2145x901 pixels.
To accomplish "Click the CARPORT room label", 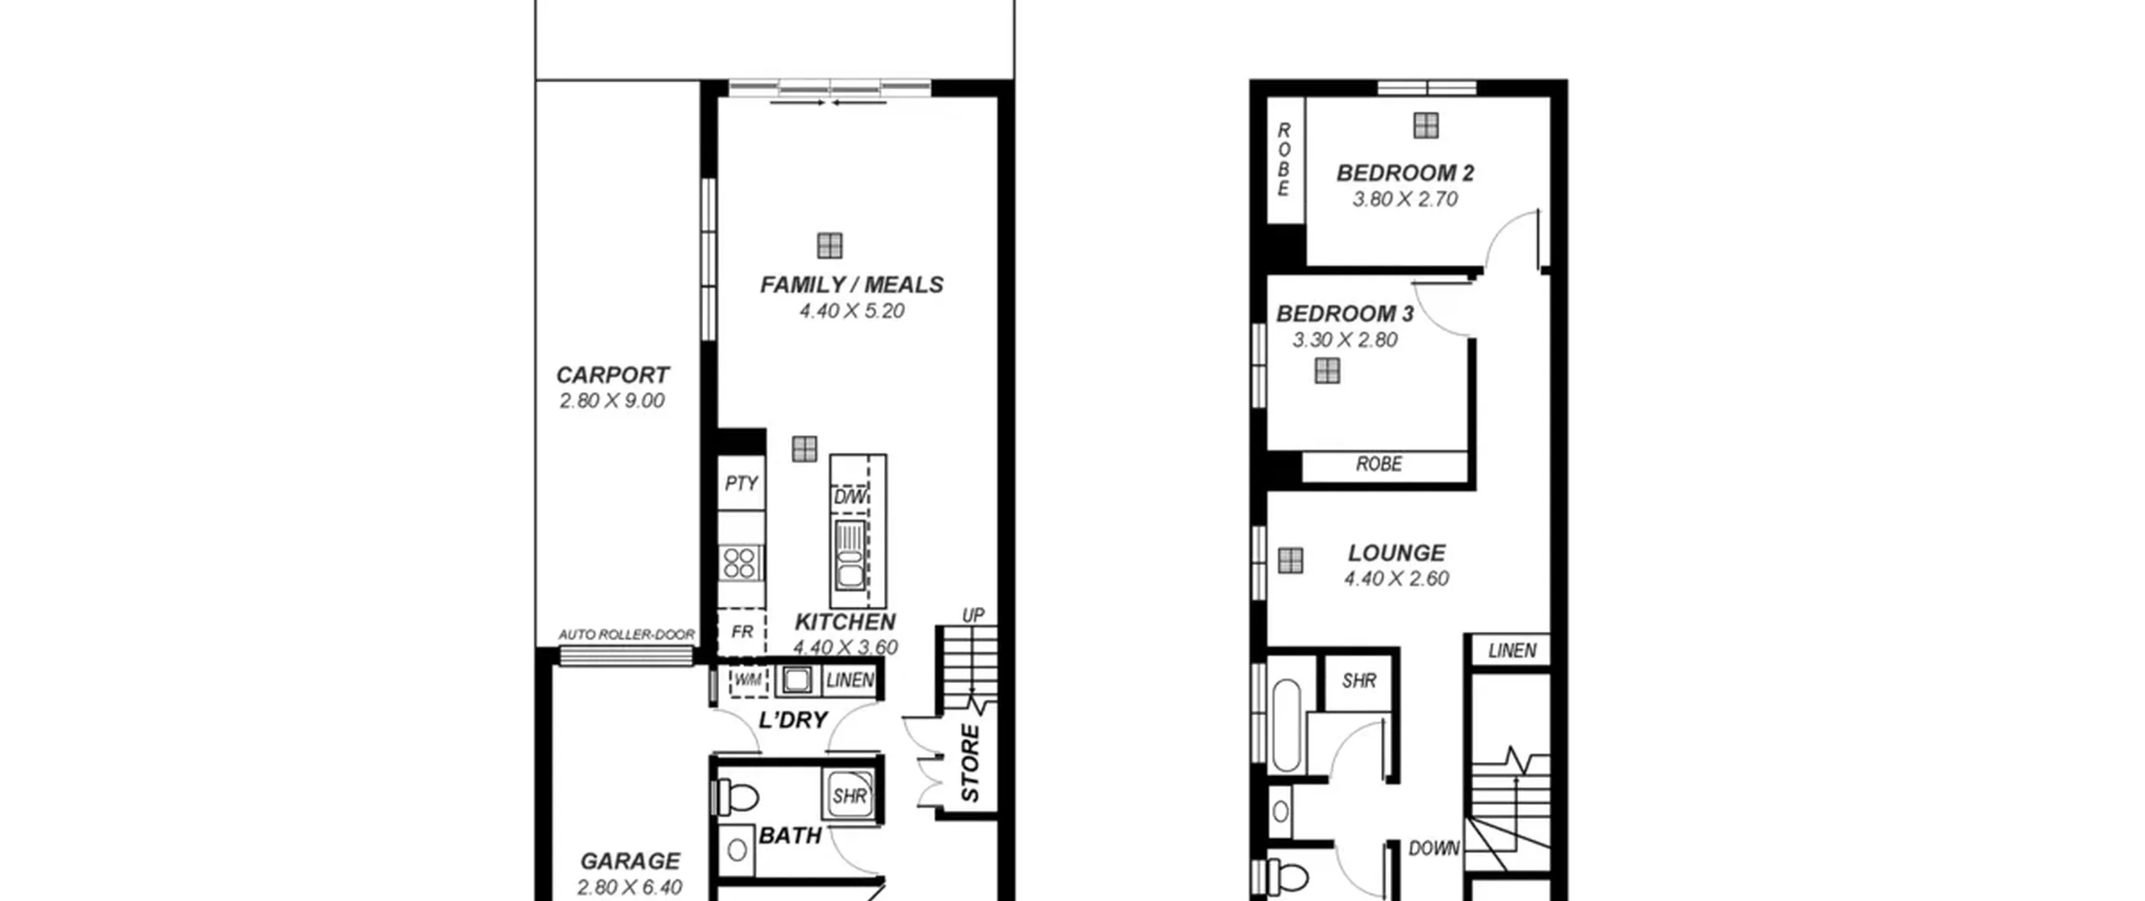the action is [612, 375].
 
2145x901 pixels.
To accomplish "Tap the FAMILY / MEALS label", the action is [851, 285].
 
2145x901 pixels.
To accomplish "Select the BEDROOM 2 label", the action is [1405, 173].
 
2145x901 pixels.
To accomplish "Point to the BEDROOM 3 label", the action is [1345, 314].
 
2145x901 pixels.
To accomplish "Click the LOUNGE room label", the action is [1397, 553].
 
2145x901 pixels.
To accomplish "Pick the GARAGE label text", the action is [630, 861].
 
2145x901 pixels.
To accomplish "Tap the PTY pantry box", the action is [742, 483].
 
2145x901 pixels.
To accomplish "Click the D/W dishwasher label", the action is [850, 498].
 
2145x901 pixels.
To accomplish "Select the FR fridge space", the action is [742, 632].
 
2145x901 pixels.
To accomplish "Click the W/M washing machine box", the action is [748, 680].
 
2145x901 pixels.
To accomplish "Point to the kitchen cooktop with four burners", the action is [740, 562].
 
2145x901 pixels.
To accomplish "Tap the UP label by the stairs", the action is [973, 615].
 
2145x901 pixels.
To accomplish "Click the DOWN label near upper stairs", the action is [1434, 848].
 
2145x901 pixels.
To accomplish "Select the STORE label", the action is [969, 764].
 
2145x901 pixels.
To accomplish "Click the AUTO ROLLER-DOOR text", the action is [627, 634].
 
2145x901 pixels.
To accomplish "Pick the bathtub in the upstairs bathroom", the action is [1286, 726].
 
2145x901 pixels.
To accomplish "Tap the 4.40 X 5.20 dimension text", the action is [851, 311].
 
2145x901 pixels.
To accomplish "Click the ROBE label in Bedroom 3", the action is [1379, 463].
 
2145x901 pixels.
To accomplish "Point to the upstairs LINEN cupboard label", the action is [1512, 650].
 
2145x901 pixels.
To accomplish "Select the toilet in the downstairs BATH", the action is [737, 798].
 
